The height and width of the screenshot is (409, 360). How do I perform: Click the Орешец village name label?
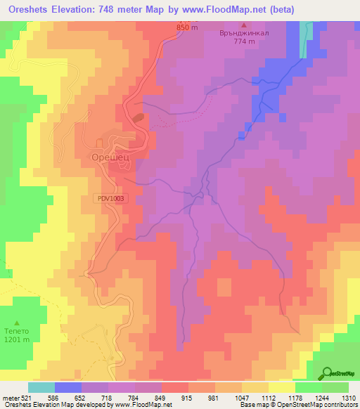108,159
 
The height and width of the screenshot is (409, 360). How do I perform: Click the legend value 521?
27,397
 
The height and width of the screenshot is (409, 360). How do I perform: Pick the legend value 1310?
349,397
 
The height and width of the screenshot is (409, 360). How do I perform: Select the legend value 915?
188,397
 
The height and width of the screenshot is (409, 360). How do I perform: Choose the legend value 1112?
268,397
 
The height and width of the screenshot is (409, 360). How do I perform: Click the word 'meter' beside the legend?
10,397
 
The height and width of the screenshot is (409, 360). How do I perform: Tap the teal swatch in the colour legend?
41,387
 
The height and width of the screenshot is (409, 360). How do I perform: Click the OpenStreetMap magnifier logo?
326,373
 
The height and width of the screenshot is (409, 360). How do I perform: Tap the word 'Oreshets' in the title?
33,9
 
